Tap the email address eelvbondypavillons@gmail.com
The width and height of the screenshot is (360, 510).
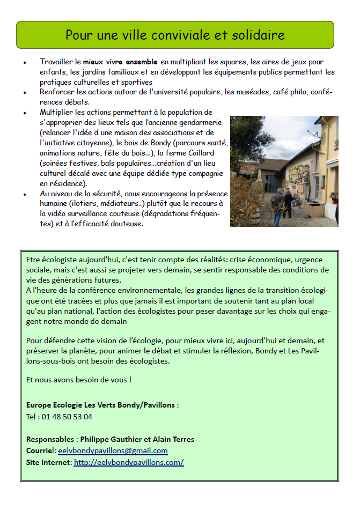113,451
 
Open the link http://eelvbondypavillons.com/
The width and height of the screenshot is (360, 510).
129,462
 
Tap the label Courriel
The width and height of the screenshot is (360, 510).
40,451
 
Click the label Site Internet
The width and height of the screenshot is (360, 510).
48,462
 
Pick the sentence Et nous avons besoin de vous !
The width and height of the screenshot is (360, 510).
78,380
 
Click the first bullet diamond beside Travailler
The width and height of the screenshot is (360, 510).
25,63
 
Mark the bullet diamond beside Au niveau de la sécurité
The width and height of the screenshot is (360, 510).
25,194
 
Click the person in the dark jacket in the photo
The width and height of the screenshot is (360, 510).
278,206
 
